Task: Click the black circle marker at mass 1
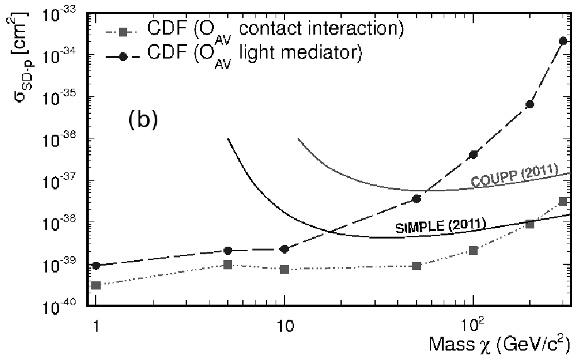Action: (x=96, y=266)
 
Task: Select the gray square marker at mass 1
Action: (x=96, y=286)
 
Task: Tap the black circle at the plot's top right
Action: (x=563, y=41)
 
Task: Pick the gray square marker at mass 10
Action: (x=284, y=269)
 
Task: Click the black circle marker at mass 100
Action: (x=473, y=155)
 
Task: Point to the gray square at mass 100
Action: (x=473, y=250)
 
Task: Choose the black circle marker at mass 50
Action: (x=417, y=199)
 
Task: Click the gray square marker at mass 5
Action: (x=228, y=264)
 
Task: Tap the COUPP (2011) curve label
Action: (x=515, y=176)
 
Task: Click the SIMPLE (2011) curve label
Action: (x=441, y=226)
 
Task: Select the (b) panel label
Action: (x=143, y=120)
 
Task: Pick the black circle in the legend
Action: (x=123, y=57)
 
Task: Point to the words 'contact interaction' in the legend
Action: (x=321, y=29)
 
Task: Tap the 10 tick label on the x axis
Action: (x=284, y=326)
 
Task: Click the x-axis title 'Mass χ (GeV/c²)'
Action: (x=499, y=344)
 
